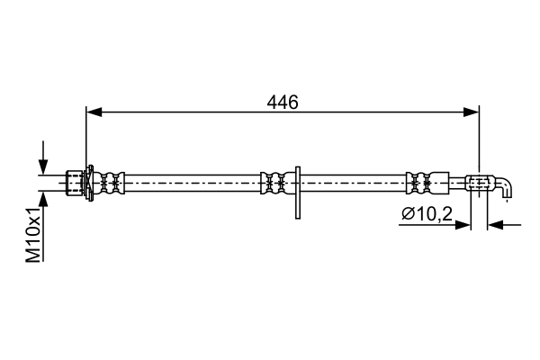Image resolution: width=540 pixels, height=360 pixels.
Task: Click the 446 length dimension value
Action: (x=283, y=102)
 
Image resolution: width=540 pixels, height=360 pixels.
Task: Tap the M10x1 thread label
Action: (x=33, y=235)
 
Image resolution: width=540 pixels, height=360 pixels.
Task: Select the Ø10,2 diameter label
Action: (x=427, y=214)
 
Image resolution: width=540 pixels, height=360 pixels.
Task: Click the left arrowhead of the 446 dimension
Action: (x=94, y=112)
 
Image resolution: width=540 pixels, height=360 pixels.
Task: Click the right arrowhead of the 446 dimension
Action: (x=471, y=112)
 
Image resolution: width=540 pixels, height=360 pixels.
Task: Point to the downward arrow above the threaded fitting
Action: (x=43, y=157)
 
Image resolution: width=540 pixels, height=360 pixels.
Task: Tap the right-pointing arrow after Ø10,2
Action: (x=435, y=225)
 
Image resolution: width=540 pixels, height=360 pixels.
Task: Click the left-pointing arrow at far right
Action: (x=505, y=225)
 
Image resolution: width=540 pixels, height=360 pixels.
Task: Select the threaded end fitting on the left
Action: (x=75, y=183)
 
